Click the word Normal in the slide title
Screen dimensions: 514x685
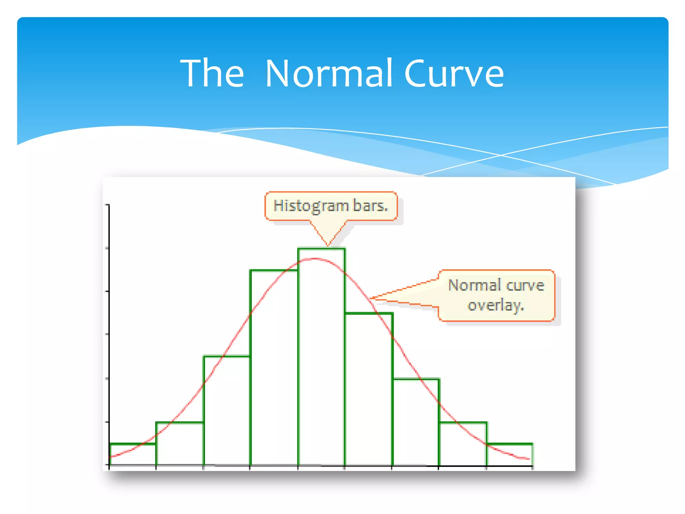click(x=328, y=73)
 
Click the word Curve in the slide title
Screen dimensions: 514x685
click(x=454, y=73)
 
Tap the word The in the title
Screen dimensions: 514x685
click(x=212, y=73)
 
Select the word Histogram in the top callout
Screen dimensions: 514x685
click(x=311, y=205)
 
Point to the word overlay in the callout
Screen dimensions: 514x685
click(x=495, y=305)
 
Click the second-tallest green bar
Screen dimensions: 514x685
click(x=274, y=368)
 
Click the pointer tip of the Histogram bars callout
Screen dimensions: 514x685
click(x=328, y=246)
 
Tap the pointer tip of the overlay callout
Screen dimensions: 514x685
click(x=370, y=298)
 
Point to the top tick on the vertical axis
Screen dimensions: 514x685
click(x=107, y=205)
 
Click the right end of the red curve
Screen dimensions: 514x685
click(x=529, y=459)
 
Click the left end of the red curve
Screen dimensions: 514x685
click(x=110, y=456)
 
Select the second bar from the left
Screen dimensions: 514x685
click(x=180, y=444)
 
